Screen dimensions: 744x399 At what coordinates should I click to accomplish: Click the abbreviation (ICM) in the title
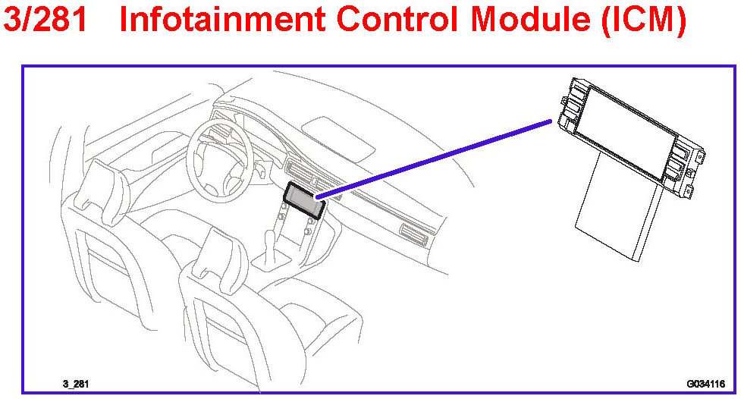(x=644, y=20)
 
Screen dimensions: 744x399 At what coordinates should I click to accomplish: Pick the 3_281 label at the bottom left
(x=75, y=384)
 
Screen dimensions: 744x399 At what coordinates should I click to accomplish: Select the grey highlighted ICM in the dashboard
(x=303, y=199)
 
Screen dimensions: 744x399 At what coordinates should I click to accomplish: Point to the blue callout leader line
(x=432, y=159)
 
